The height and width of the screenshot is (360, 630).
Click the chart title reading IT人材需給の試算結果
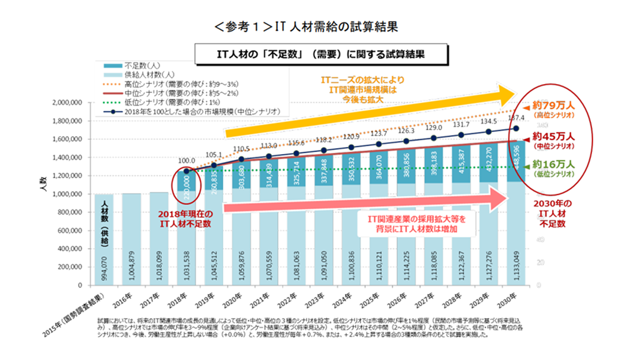[x=305, y=27]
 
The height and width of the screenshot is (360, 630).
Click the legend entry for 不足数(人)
[x=140, y=65]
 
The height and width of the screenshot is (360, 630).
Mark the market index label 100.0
[x=188, y=161]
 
